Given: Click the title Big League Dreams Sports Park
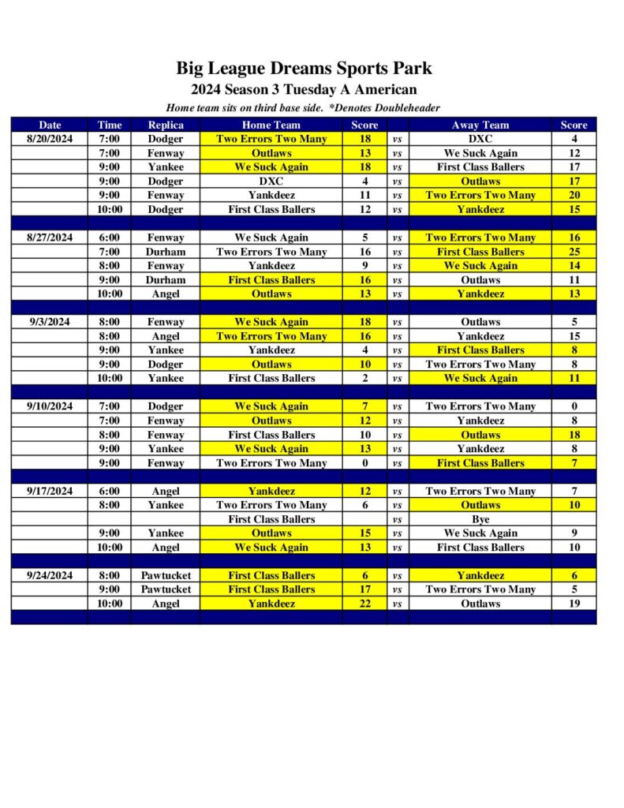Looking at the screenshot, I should (304, 69).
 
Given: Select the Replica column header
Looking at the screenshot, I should (166, 125).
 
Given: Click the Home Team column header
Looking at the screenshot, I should (271, 125).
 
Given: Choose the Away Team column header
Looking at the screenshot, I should (480, 125).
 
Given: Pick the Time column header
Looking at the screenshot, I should (110, 125).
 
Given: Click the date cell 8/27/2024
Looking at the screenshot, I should (50, 238).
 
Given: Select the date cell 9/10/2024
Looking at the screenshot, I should (50, 406).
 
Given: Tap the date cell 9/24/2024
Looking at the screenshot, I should (50, 575).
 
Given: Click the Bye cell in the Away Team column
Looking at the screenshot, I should (480, 519).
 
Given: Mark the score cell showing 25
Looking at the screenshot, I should (574, 252).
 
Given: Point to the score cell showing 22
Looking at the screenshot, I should (364, 604).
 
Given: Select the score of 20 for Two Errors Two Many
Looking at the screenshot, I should (574, 195).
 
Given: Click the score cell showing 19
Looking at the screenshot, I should (574, 604).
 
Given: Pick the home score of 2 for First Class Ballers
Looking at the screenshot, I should (364, 378).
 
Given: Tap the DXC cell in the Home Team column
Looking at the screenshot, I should (271, 181).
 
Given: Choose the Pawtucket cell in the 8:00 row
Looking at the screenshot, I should (166, 575).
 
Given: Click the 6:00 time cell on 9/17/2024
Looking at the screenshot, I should (110, 491).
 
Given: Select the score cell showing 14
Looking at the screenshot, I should (574, 266).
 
